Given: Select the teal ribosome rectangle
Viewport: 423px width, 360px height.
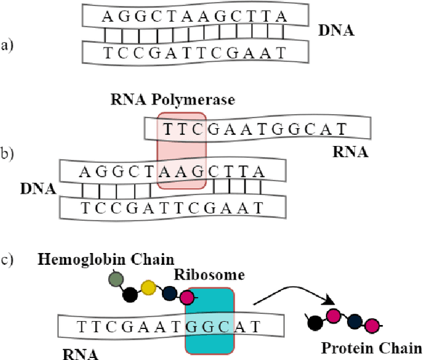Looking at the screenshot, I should click(x=210, y=320).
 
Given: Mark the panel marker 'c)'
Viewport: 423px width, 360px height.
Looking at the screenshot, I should click(x=7, y=258).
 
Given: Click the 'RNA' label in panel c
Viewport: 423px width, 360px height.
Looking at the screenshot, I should click(x=82, y=353).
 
